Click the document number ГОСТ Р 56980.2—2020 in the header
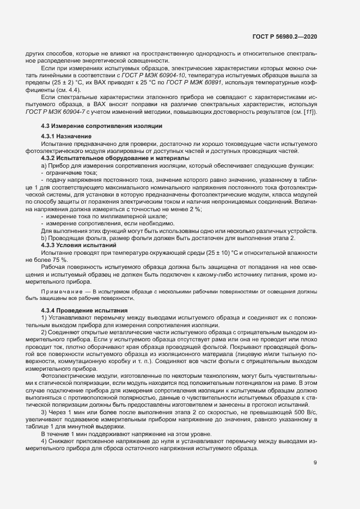pyautogui.click(x=285, y=36)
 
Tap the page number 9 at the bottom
pyautogui.click(x=315, y=463)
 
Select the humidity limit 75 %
pyautogui.click(x=59, y=260)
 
